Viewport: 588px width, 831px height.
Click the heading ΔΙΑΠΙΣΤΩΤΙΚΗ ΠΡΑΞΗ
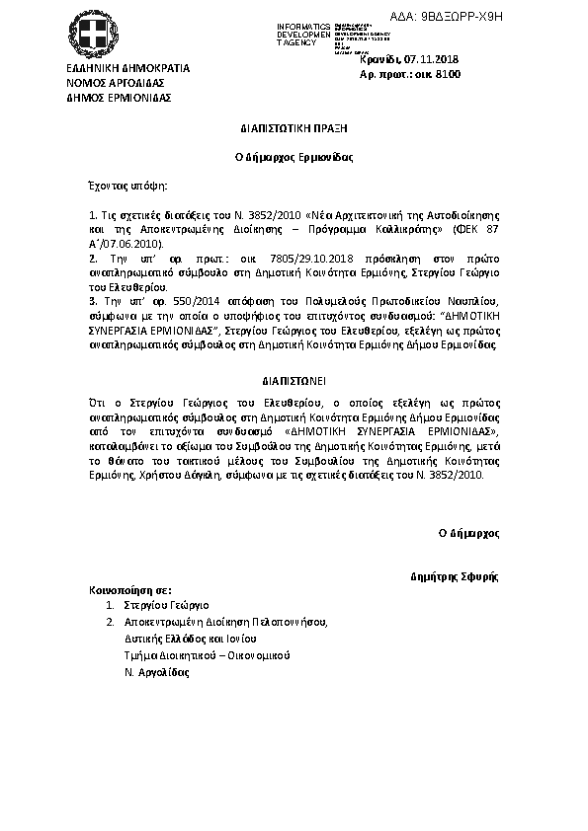click(294, 128)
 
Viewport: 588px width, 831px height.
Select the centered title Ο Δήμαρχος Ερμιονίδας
click(294, 156)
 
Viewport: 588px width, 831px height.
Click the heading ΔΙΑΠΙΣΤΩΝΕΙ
click(294, 380)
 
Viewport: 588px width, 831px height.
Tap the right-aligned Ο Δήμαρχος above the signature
click(469, 533)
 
